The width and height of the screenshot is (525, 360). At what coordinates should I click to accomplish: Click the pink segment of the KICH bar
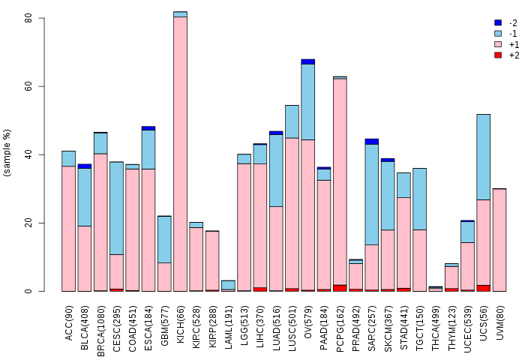pos(181,154)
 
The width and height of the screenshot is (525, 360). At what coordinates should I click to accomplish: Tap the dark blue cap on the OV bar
pos(308,61)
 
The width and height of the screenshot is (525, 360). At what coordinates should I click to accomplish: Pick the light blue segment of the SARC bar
pos(372,194)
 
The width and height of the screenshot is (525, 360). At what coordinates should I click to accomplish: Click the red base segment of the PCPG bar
pos(340,288)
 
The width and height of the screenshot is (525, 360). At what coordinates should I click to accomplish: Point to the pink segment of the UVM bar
pos(499,240)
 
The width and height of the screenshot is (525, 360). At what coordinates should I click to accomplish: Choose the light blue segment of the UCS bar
pos(484,157)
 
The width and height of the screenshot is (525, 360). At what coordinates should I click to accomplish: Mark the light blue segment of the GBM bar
pos(164,239)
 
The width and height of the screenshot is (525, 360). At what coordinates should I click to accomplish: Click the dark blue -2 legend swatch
pos(498,22)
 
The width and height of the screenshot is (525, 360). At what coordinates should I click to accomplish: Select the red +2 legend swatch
pos(498,55)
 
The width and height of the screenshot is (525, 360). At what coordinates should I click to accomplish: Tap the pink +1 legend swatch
pos(498,44)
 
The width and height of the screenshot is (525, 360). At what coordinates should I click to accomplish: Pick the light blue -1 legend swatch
pos(498,34)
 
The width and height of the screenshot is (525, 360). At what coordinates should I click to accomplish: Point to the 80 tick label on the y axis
pos(28,18)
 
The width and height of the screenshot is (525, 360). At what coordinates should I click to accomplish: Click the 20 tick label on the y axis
pos(28,223)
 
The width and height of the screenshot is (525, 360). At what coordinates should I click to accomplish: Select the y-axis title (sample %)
pos(7,153)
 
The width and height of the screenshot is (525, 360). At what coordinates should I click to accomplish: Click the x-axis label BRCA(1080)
pos(100,331)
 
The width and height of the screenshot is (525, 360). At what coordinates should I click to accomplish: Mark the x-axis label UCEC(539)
pos(468,328)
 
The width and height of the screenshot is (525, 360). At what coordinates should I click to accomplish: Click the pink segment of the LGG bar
pos(244,227)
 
